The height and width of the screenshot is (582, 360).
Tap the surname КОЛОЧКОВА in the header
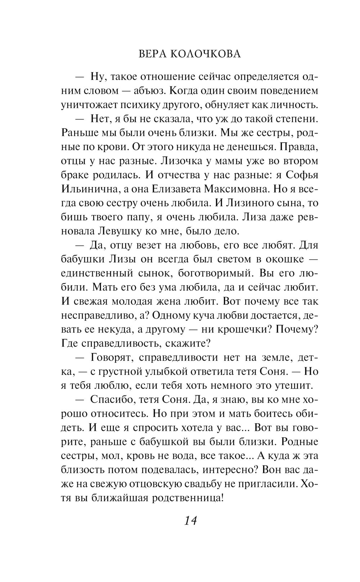[x=205, y=54]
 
